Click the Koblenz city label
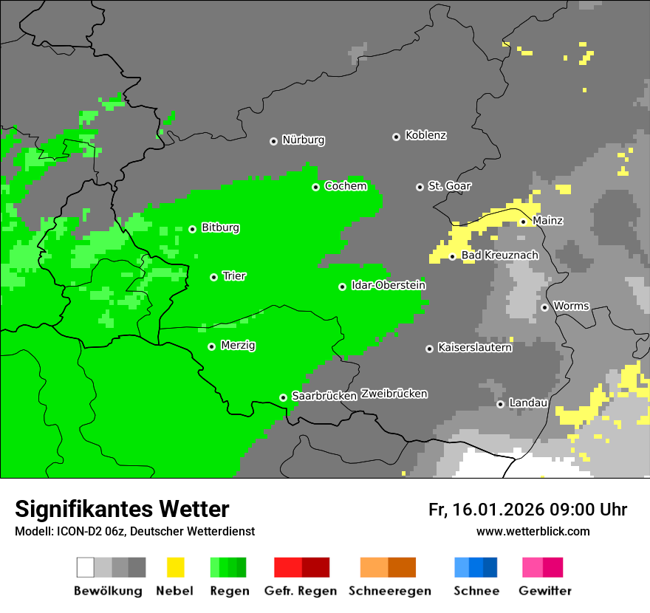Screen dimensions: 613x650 click(425, 135)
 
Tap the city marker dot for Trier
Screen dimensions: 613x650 click(213, 277)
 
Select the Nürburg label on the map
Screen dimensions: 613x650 click(303, 140)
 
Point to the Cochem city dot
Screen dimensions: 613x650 click(315, 187)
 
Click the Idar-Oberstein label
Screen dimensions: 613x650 click(388, 285)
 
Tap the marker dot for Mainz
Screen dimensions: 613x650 click(523, 222)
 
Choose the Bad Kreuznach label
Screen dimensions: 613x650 click(499, 256)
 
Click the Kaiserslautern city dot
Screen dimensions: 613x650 click(429, 349)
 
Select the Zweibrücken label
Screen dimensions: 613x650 click(394, 394)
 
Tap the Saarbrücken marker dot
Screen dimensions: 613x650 click(283, 397)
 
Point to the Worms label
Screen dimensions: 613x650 click(571, 306)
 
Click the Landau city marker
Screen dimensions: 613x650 click(500, 404)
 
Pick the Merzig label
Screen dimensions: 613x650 click(238, 345)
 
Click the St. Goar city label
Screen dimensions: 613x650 click(449, 186)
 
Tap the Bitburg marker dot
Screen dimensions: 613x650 click(192, 229)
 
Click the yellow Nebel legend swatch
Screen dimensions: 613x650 click(175, 567)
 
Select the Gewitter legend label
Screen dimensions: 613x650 click(544, 591)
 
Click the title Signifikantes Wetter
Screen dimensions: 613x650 click(122, 509)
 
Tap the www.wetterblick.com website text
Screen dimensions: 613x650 click(533, 531)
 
